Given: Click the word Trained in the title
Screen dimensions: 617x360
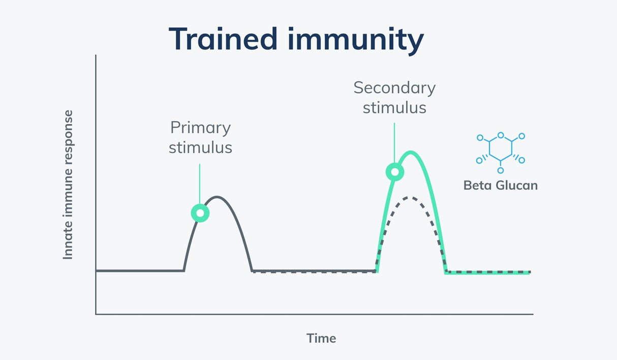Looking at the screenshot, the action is [x=223, y=39].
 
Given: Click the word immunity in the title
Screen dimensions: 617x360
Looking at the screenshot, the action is [x=356, y=41].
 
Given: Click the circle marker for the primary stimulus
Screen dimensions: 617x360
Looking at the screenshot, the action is [x=200, y=213].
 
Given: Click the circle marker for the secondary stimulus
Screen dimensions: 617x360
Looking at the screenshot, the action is [x=395, y=172].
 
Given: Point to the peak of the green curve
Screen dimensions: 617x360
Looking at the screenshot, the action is [x=411, y=152].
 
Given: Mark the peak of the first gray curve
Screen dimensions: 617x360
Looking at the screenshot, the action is [x=217, y=197].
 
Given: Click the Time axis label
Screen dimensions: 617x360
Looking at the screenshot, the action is [x=321, y=338].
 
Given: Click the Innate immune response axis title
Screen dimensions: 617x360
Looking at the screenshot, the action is [x=68, y=185].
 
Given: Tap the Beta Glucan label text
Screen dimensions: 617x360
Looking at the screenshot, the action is [x=501, y=185].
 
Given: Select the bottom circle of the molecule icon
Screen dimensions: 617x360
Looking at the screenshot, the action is [x=501, y=170].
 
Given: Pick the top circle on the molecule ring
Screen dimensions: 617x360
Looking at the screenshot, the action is [x=501, y=135].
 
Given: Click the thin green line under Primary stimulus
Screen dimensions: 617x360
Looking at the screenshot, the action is [x=200, y=184].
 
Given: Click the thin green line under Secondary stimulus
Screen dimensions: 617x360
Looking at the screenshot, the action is [x=394, y=143].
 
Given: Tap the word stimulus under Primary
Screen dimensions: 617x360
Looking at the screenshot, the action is [x=201, y=148].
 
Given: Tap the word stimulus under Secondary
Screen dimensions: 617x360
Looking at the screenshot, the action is [x=394, y=108].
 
